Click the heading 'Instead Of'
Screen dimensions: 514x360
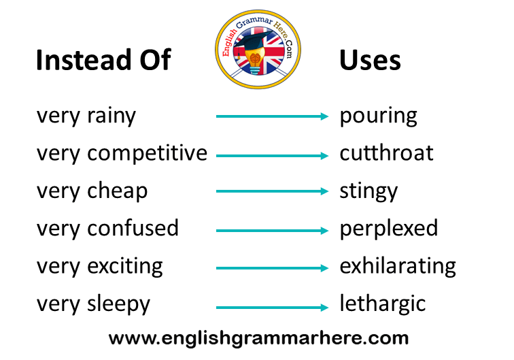point(103,59)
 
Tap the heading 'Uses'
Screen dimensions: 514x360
point(370,60)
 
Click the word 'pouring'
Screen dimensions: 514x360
point(378,116)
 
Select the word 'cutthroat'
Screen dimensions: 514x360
point(386,152)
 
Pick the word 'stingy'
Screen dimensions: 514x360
point(369,191)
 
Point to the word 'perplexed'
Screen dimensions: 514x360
point(389,229)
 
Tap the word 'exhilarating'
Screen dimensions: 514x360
point(398,266)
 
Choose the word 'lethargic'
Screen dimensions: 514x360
point(383,304)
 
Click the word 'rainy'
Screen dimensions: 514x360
point(112,116)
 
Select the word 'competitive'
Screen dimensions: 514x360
point(147,154)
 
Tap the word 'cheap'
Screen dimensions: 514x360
point(118,191)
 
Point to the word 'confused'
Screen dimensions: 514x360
point(133,228)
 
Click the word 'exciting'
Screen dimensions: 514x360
point(125,266)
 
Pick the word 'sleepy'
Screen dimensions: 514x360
point(119,304)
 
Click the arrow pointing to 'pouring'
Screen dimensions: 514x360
point(272,116)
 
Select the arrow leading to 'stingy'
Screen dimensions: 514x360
point(272,191)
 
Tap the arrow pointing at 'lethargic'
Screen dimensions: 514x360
point(272,307)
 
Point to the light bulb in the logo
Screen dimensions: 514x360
point(255,61)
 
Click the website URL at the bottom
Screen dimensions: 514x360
point(258,338)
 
